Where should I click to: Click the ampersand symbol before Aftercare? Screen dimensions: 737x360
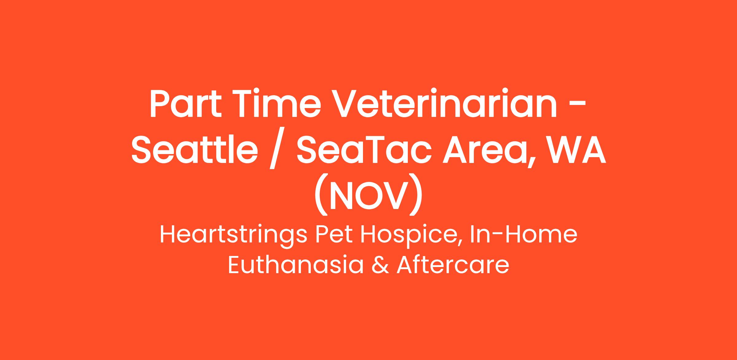pos(380,265)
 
